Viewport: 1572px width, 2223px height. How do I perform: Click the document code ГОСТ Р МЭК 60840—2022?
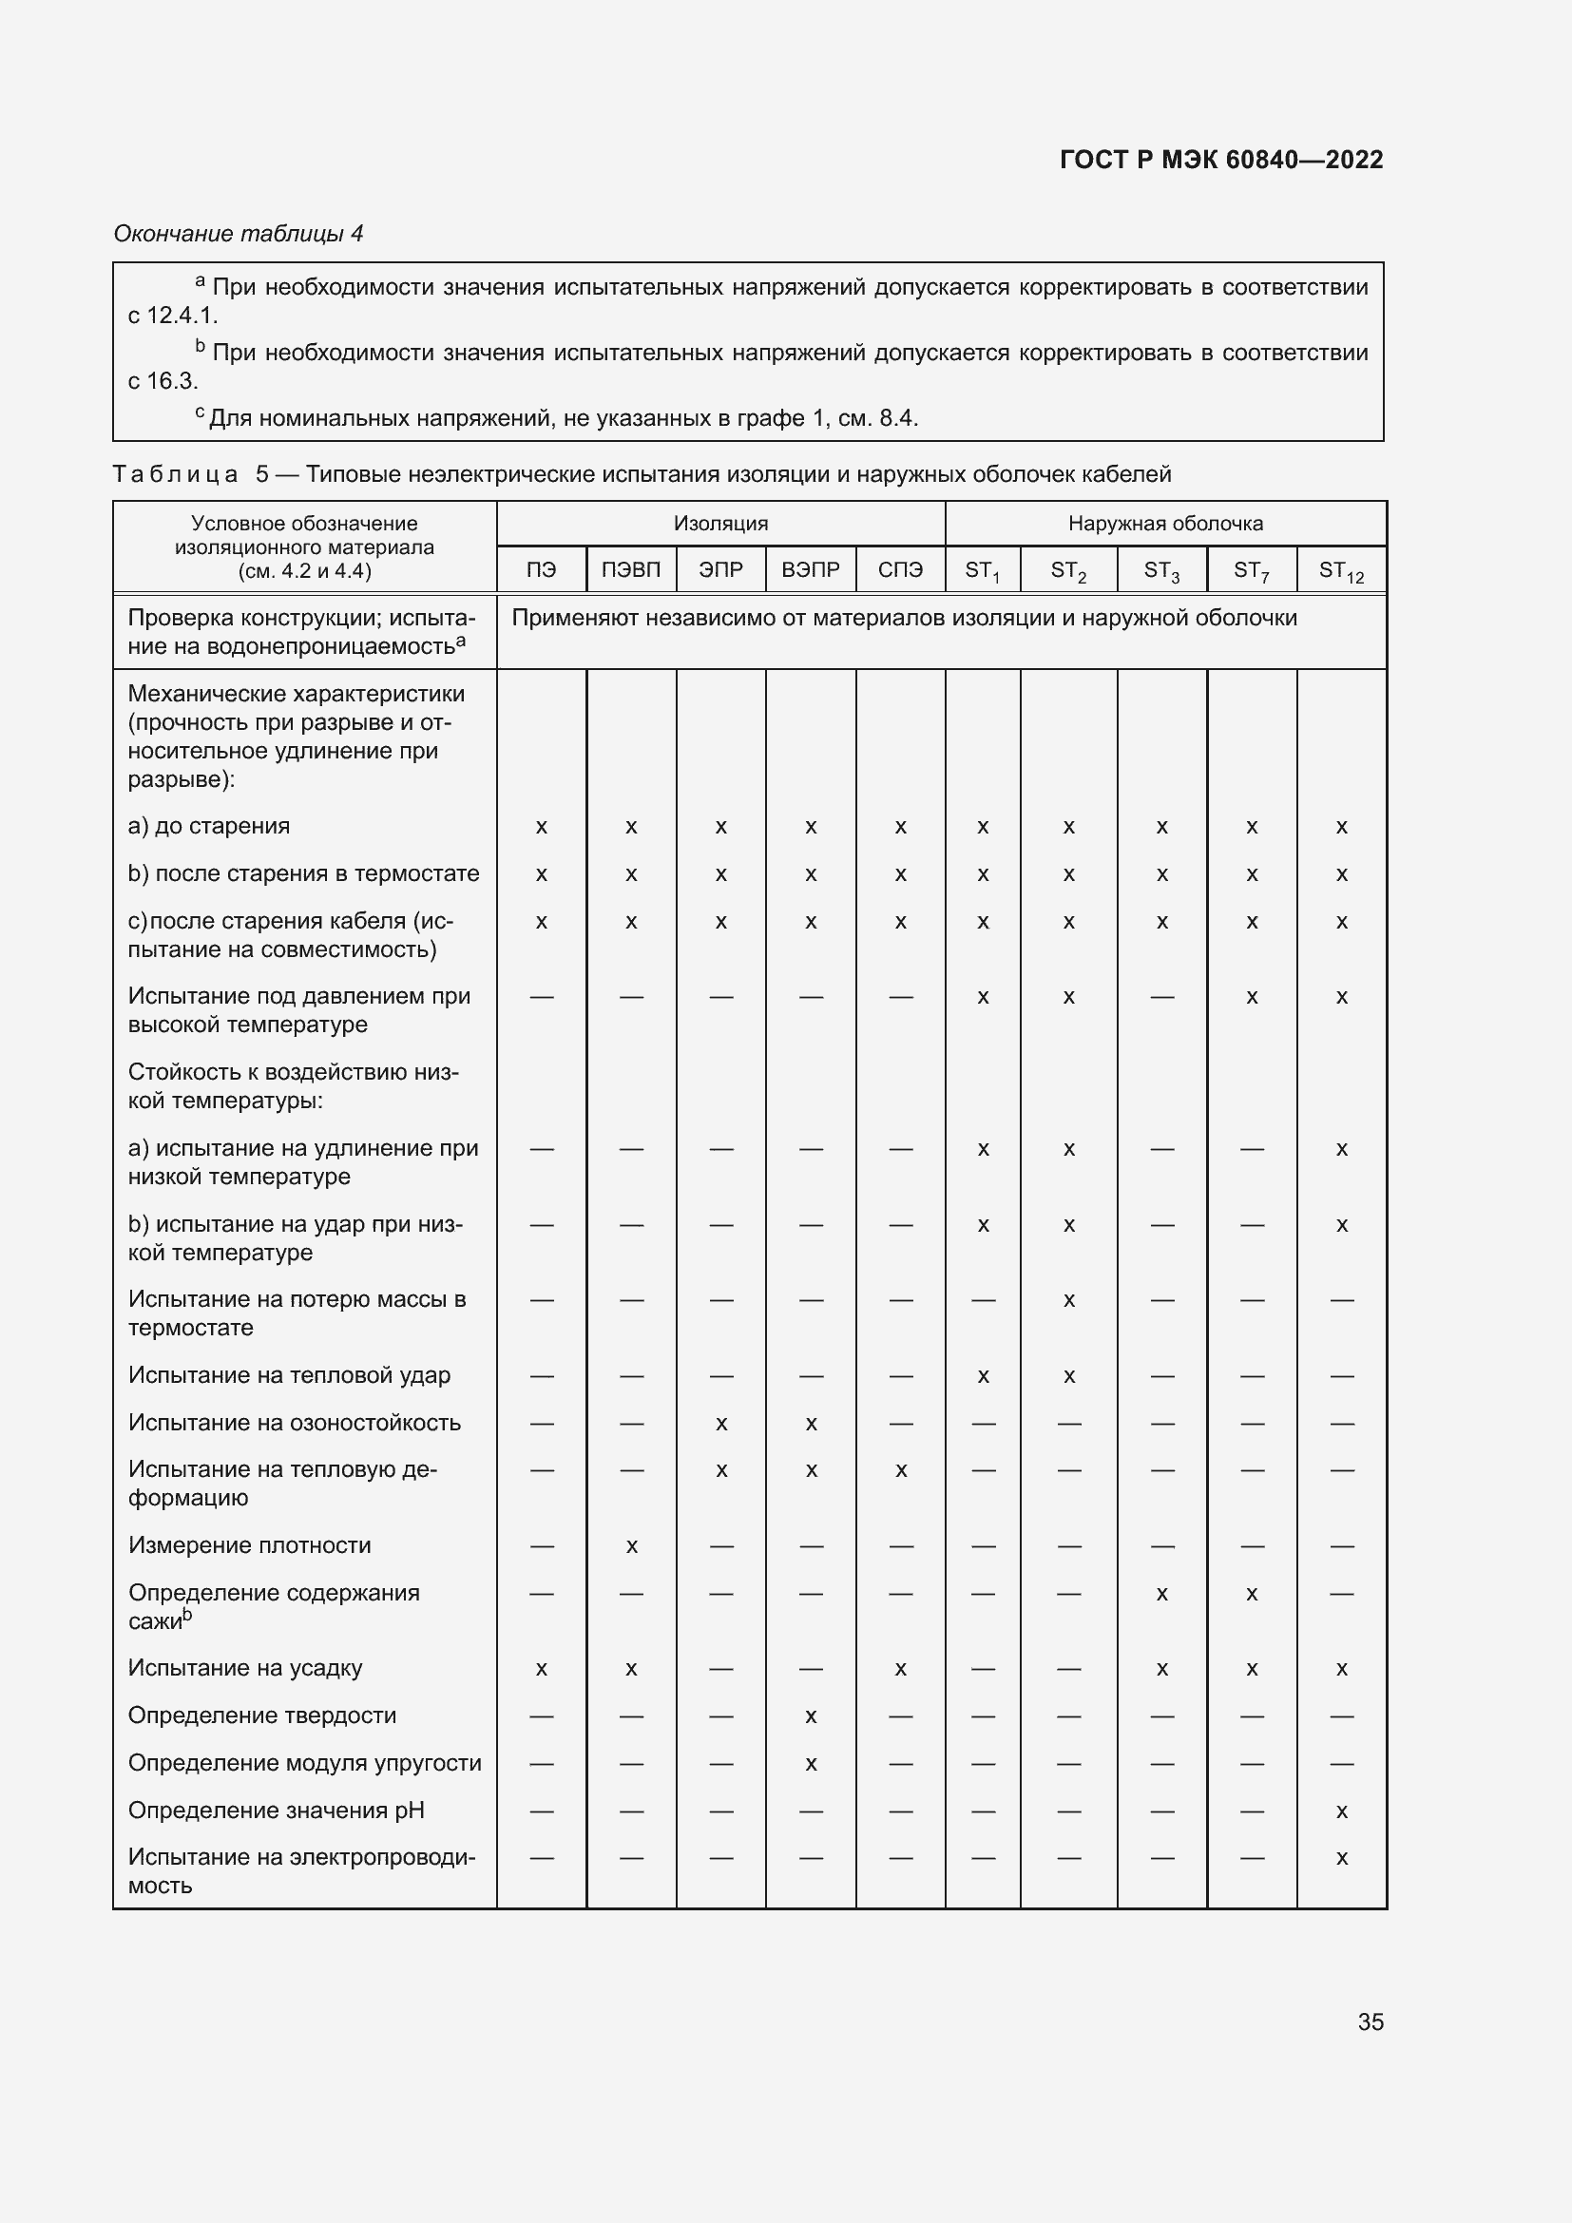[x=1220, y=160]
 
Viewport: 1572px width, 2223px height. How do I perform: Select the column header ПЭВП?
[x=630, y=569]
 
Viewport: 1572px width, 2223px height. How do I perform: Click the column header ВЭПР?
[x=810, y=569]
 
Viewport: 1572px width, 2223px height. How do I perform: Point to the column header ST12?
[x=1341, y=571]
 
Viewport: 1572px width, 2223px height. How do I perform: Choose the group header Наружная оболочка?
[x=1164, y=524]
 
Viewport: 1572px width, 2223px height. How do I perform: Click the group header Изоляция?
[x=720, y=524]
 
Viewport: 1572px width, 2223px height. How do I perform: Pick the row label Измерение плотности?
[x=249, y=1545]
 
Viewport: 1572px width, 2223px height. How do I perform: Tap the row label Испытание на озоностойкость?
[x=295, y=1423]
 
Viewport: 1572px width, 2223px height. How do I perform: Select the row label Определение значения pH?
[x=276, y=1810]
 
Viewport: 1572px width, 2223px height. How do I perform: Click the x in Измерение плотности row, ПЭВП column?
[x=631, y=1546]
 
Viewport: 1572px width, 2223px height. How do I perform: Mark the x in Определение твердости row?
[x=811, y=1716]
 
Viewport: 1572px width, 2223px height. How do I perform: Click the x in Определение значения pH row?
[x=1341, y=1811]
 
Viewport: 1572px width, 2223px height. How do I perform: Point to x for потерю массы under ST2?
[x=1068, y=1300]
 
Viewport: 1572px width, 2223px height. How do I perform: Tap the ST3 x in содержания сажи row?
[x=1161, y=1594]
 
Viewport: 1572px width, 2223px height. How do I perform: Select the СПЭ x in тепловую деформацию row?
[x=900, y=1470]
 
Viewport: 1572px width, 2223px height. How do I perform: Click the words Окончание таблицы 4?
[x=239, y=234]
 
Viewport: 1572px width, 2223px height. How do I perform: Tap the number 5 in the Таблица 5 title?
[x=262, y=474]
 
